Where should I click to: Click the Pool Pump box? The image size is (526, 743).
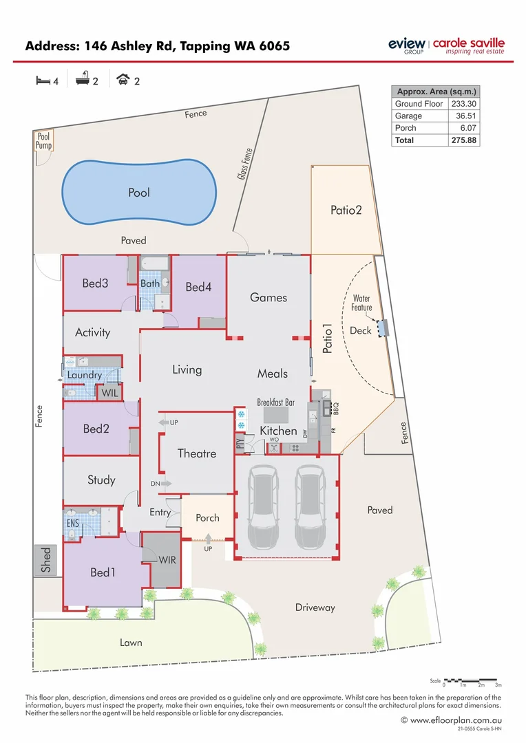44,142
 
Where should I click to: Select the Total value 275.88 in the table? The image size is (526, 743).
464,140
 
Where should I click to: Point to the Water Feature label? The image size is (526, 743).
361,303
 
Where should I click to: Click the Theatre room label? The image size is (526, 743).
197,453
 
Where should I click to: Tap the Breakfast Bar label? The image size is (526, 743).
275,402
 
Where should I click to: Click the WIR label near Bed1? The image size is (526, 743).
167,560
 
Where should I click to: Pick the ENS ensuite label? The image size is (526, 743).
73,524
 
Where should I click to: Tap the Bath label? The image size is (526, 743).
150,283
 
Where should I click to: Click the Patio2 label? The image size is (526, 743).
346,210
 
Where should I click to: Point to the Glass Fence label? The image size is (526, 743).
245,165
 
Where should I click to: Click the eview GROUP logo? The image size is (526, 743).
407,45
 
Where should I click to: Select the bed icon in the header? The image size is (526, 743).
43,80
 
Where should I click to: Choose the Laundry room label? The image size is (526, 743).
85,375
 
